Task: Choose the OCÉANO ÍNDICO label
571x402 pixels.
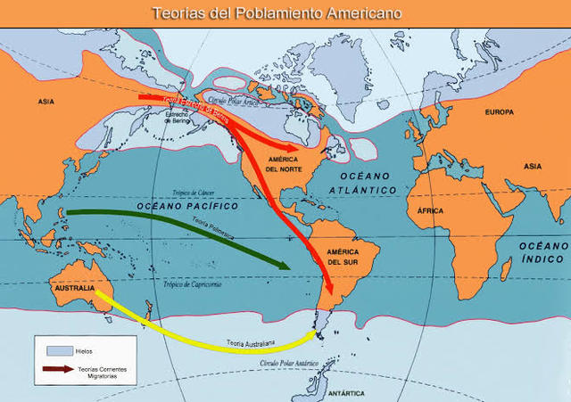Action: (x=542, y=251)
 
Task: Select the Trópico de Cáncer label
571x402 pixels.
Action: (x=194, y=193)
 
